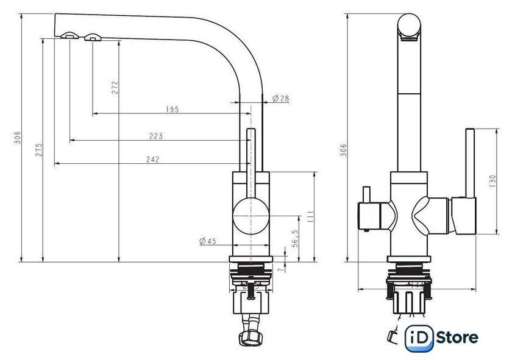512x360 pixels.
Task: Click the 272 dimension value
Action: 115,88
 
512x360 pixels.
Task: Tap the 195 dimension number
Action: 172,109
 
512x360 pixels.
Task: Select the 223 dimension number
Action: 156,136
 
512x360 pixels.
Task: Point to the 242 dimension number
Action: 153,159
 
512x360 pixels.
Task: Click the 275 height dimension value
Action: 39,149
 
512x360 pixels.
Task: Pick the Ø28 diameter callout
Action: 281,98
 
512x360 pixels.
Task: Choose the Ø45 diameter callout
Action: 208,241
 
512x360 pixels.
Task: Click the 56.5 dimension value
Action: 295,238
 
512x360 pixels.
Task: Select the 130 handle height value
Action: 492,181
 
